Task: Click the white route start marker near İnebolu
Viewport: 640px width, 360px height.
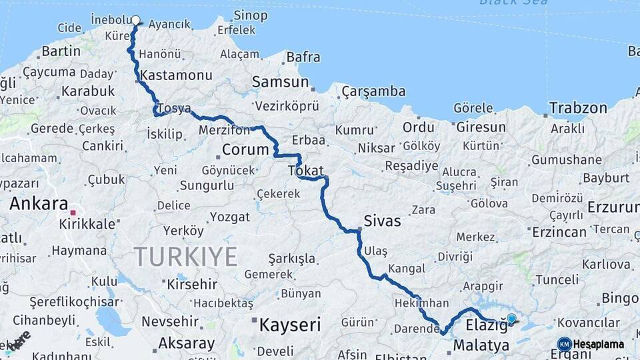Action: coord(136,20)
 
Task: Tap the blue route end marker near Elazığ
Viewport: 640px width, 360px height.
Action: coord(511,319)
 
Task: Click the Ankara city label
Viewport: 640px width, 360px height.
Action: coord(39,204)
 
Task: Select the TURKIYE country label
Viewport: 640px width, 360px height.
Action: coord(185,257)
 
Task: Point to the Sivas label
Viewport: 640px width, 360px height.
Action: coord(382,221)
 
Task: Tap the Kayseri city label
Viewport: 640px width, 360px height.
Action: coord(289,325)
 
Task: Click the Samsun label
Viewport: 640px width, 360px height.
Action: coord(280,82)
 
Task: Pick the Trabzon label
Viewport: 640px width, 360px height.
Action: coord(578,107)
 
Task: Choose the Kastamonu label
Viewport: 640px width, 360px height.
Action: coord(177,75)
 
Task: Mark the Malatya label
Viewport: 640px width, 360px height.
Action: coord(481,345)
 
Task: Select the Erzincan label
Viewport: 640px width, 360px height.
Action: coord(559,232)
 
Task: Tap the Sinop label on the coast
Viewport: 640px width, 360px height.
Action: coord(251,15)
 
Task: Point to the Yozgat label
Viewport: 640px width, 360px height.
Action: coord(230,217)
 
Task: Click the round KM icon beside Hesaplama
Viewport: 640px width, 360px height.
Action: coord(564,344)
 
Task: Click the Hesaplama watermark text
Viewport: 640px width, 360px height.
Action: coord(599,344)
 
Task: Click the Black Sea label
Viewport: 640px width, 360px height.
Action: coord(513,3)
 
